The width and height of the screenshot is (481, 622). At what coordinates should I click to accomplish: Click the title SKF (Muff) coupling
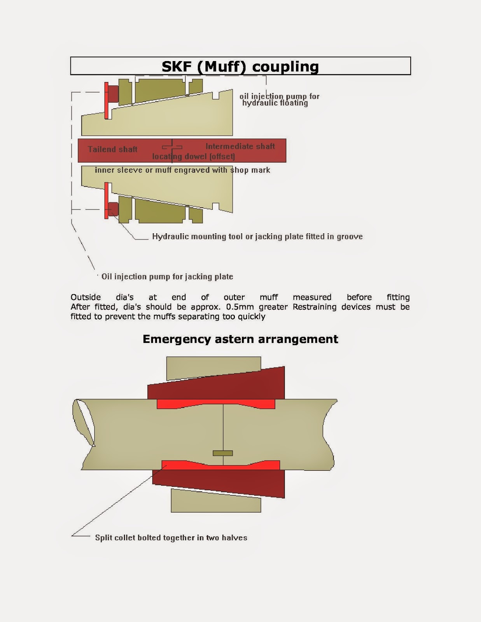(240, 66)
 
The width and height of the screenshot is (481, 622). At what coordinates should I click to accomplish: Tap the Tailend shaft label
(112, 149)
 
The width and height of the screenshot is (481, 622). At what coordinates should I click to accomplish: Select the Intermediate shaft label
(240, 146)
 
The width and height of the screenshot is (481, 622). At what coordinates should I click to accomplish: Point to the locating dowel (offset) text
(193, 156)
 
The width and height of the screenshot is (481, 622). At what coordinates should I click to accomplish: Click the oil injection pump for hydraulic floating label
(279, 100)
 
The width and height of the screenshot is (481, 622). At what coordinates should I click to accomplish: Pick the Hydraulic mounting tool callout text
(257, 236)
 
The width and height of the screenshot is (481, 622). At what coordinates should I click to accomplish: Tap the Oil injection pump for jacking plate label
(167, 276)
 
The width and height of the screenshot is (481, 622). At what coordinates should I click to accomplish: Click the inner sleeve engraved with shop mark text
(182, 170)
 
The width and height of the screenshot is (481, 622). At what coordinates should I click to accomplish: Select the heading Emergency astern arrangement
(240, 339)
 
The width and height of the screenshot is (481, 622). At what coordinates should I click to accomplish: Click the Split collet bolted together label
(171, 538)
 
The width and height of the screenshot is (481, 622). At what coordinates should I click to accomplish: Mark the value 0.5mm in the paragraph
(240, 307)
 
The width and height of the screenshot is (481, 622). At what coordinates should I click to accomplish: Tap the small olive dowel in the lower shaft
(223, 453)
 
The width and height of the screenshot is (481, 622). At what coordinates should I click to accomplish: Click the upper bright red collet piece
(216, 404)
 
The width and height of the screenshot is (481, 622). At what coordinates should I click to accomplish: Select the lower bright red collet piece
(220, 465)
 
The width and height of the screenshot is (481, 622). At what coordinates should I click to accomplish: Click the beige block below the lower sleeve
(216, 501)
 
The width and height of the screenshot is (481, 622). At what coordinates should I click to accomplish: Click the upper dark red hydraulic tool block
(113, 94)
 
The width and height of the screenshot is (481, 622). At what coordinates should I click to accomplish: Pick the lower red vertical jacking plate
(106, 201)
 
